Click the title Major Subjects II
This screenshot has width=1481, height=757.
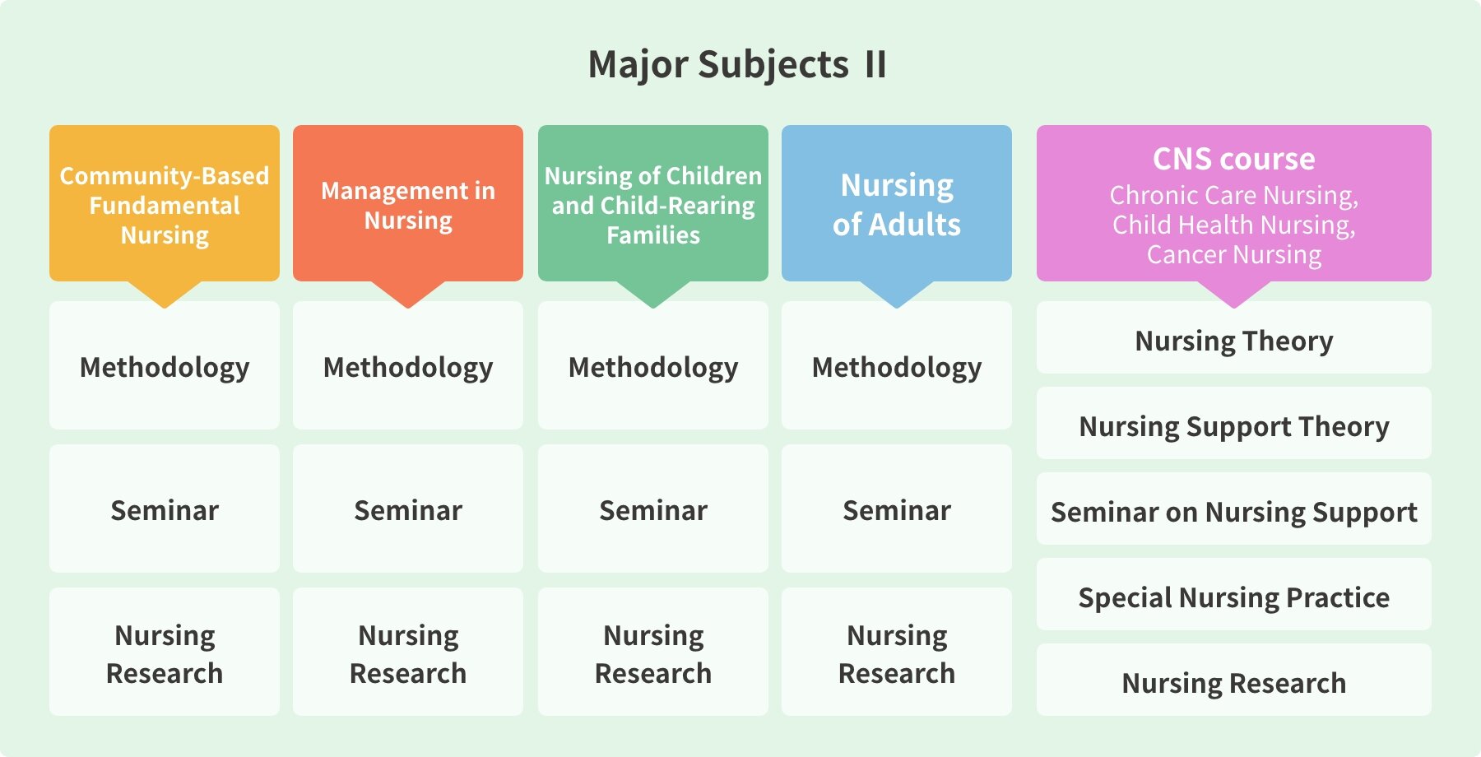(737, 65)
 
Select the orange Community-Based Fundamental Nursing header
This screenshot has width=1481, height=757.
(165, 203)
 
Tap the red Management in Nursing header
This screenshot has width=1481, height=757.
(408, 203)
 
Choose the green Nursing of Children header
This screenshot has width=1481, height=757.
(653, 203)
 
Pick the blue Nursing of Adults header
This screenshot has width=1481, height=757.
(897, 203)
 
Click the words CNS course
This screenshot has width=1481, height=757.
(1234, 159)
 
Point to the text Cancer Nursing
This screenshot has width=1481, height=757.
(1234, 255)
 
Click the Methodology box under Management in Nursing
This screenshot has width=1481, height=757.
(408, 365)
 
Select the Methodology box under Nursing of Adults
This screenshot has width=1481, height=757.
(897, 365)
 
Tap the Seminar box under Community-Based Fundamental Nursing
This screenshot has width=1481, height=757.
(165, 509)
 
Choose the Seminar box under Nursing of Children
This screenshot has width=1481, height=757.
(653, 509)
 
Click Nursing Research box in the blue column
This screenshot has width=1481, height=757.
(897, 652)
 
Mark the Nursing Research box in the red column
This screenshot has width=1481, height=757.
(408, 652)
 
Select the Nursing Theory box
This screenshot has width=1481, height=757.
(1234, 337)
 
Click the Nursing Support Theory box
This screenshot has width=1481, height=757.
(1234, 423)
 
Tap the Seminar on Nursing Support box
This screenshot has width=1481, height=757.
(1234, 509)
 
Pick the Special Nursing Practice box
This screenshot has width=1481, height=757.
(1234, 594)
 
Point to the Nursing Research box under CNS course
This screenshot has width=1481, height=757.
(1234, 680)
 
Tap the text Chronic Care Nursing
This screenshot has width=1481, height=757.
(1234, 196)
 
